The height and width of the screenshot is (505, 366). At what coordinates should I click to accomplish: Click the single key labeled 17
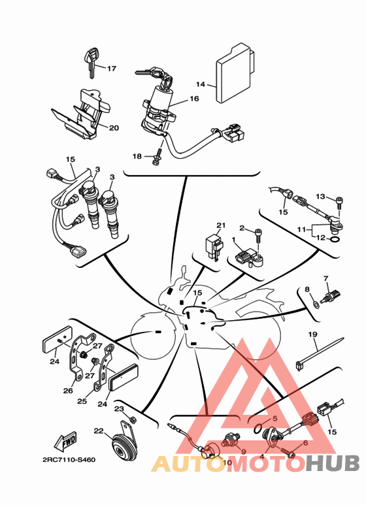point(91,62)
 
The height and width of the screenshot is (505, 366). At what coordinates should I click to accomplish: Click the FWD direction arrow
point(65,441)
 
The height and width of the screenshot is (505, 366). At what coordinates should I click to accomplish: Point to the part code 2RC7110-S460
point(69,459)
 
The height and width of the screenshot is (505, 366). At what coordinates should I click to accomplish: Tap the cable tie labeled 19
point(320,353)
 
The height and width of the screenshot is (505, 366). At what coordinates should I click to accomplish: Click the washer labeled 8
point(316,303)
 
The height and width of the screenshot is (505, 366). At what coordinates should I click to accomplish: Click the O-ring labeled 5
point(258,429)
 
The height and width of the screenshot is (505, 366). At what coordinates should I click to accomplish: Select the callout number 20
point(114,128)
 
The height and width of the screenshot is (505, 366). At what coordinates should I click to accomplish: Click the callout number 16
point(194,99)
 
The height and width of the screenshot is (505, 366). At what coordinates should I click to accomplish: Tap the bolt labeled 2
point(259,236)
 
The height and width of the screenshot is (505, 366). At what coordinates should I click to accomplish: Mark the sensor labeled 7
point(331,297)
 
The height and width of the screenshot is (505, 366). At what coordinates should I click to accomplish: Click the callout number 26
point(68,391)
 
